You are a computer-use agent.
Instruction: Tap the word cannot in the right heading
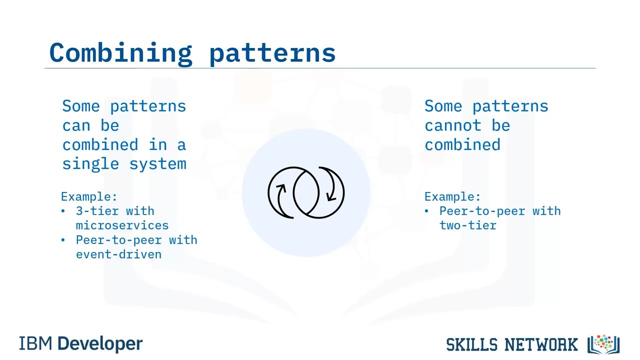point(453,125)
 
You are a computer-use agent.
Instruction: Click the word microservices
point(122,225)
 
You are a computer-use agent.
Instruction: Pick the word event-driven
point(118,254)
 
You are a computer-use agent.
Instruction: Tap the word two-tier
point(467,225)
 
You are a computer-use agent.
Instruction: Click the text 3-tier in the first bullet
point(97,211)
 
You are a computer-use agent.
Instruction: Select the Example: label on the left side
point(89,197)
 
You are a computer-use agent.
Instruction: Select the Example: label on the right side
point(452,197)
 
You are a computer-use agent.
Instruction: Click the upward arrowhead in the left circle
point(281,188)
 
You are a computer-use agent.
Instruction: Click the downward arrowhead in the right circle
point(331,197)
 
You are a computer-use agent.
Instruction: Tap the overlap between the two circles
point(306,192)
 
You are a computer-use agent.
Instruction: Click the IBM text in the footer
point(35,343)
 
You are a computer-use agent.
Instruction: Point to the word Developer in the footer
point(100,344)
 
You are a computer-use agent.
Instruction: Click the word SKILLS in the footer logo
point(471,344)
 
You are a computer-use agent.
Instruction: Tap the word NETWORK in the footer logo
point(541,344)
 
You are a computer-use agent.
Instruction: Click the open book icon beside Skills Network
point(603,344)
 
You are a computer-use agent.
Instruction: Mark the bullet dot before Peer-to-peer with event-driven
point(63,240)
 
